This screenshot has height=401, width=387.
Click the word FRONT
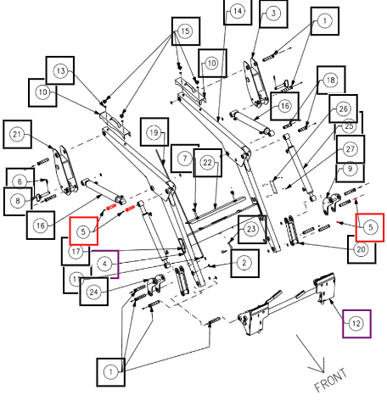tap(330, 380)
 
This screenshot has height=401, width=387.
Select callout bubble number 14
tap(238, 11)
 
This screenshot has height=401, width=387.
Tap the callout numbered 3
tap(273, 13)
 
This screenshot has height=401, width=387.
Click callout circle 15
tap(185, 31)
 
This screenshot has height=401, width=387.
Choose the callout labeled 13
tap(60, 70)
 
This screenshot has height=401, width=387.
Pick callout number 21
tap(17, 134)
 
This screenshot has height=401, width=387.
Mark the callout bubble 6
tap(20, 181)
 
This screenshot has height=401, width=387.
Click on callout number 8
tap(18, 201)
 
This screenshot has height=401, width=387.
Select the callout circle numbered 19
tap(154, 132)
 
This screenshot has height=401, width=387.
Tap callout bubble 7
tap(184, 159)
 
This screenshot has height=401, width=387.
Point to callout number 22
tap(207, 163)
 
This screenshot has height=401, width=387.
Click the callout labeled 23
tap(251, 229)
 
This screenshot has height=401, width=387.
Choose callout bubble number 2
tap(244, 263)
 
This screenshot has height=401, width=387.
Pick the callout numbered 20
tap(362, 249)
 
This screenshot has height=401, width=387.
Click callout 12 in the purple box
tap(356, 324)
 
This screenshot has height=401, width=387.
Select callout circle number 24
tap(93, 292)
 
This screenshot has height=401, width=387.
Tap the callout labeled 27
tap(351, 149)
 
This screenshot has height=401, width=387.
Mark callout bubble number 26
tap(343, 109)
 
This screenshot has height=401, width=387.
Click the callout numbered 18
tap(331, 80)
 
